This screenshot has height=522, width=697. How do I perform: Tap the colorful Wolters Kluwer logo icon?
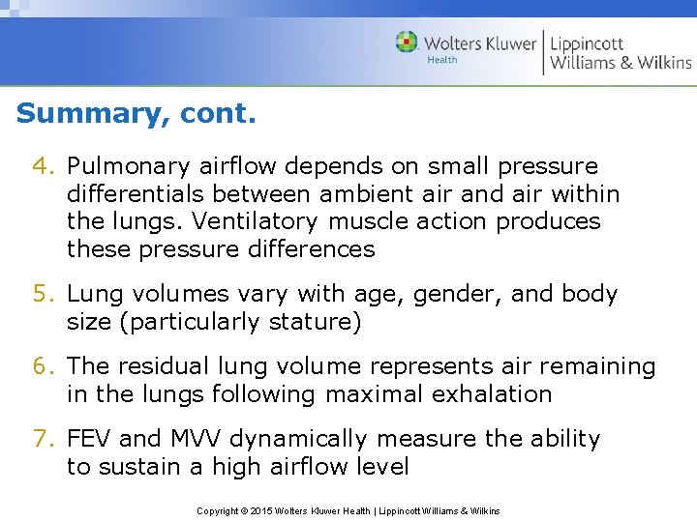pyautogui.click(x=407, y=42)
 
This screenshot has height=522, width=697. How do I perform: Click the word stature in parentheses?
pyautogui.click(x=306, y=322)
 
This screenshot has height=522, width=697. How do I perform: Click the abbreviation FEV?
pyautogui.click(x=89, y=439)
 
